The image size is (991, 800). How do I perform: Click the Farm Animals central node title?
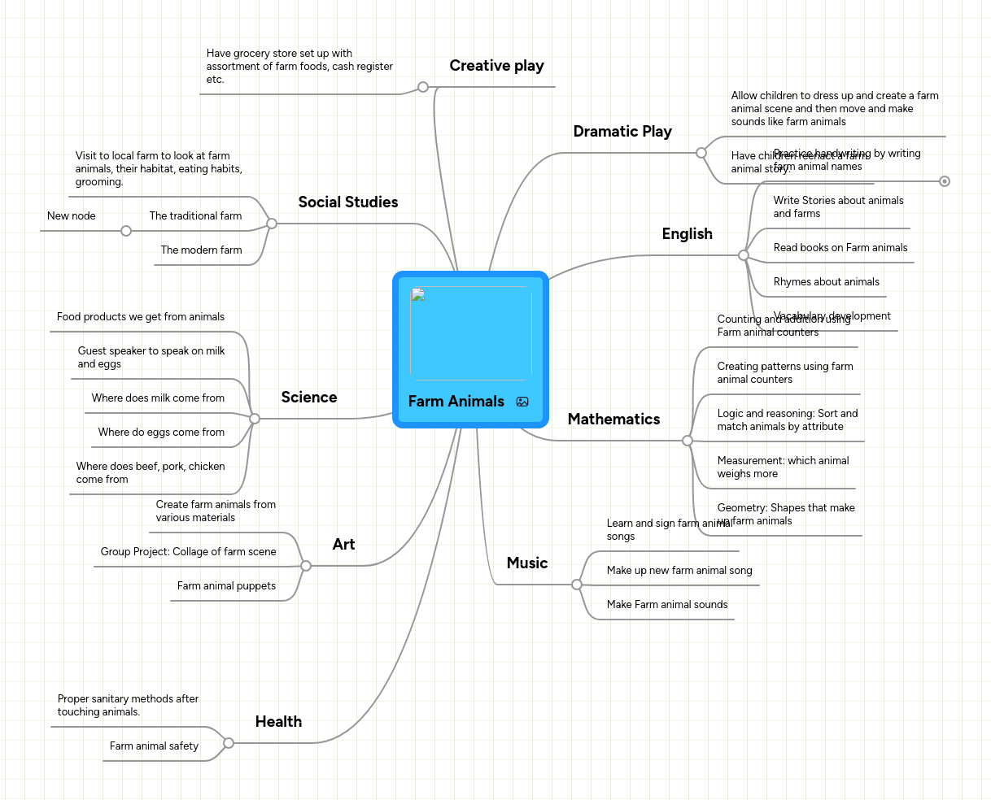[456, 402]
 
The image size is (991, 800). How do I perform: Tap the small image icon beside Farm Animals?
[522, 402]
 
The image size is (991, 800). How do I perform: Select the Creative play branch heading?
[496, 66]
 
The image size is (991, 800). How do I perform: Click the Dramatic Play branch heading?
[622, 132]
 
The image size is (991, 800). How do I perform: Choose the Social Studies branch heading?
[348, 202]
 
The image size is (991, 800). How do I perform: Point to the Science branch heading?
[309, 398]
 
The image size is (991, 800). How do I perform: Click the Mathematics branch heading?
[613, 420]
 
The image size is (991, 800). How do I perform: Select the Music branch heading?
[527, 563]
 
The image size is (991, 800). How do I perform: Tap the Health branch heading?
[278, 722]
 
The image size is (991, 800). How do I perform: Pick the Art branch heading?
[343, 545]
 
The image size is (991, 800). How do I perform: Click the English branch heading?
[687, 234]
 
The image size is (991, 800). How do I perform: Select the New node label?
[72, 216]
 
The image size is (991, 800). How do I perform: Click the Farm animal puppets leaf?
[226, 586]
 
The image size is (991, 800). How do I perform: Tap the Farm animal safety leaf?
[154, 746]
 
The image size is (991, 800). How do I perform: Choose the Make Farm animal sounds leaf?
[667, 605]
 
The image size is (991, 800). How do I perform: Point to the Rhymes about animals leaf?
[826, 282]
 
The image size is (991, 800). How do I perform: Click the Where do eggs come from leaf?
[161, 433]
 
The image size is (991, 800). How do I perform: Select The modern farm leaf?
[201, 250]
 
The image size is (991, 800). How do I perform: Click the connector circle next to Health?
[229, 743]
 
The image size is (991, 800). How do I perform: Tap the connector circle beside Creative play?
[423, 87]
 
